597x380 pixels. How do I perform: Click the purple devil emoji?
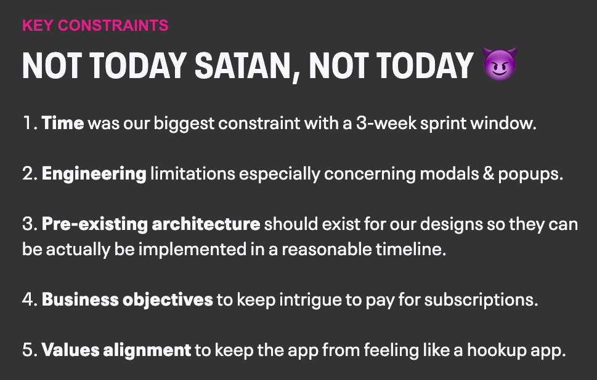point(500,64)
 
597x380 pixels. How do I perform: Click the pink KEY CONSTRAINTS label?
point(95,25)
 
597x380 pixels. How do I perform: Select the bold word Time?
point(63,123)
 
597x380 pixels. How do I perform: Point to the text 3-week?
point(386,123)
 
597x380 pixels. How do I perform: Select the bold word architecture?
point(206,224)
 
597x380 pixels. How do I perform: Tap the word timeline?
point(411,249)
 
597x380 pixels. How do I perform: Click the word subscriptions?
point(481,301)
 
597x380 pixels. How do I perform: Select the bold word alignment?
point(147,350)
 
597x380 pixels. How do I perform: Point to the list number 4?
point(28,300)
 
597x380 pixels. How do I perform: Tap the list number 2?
point(28,173)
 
